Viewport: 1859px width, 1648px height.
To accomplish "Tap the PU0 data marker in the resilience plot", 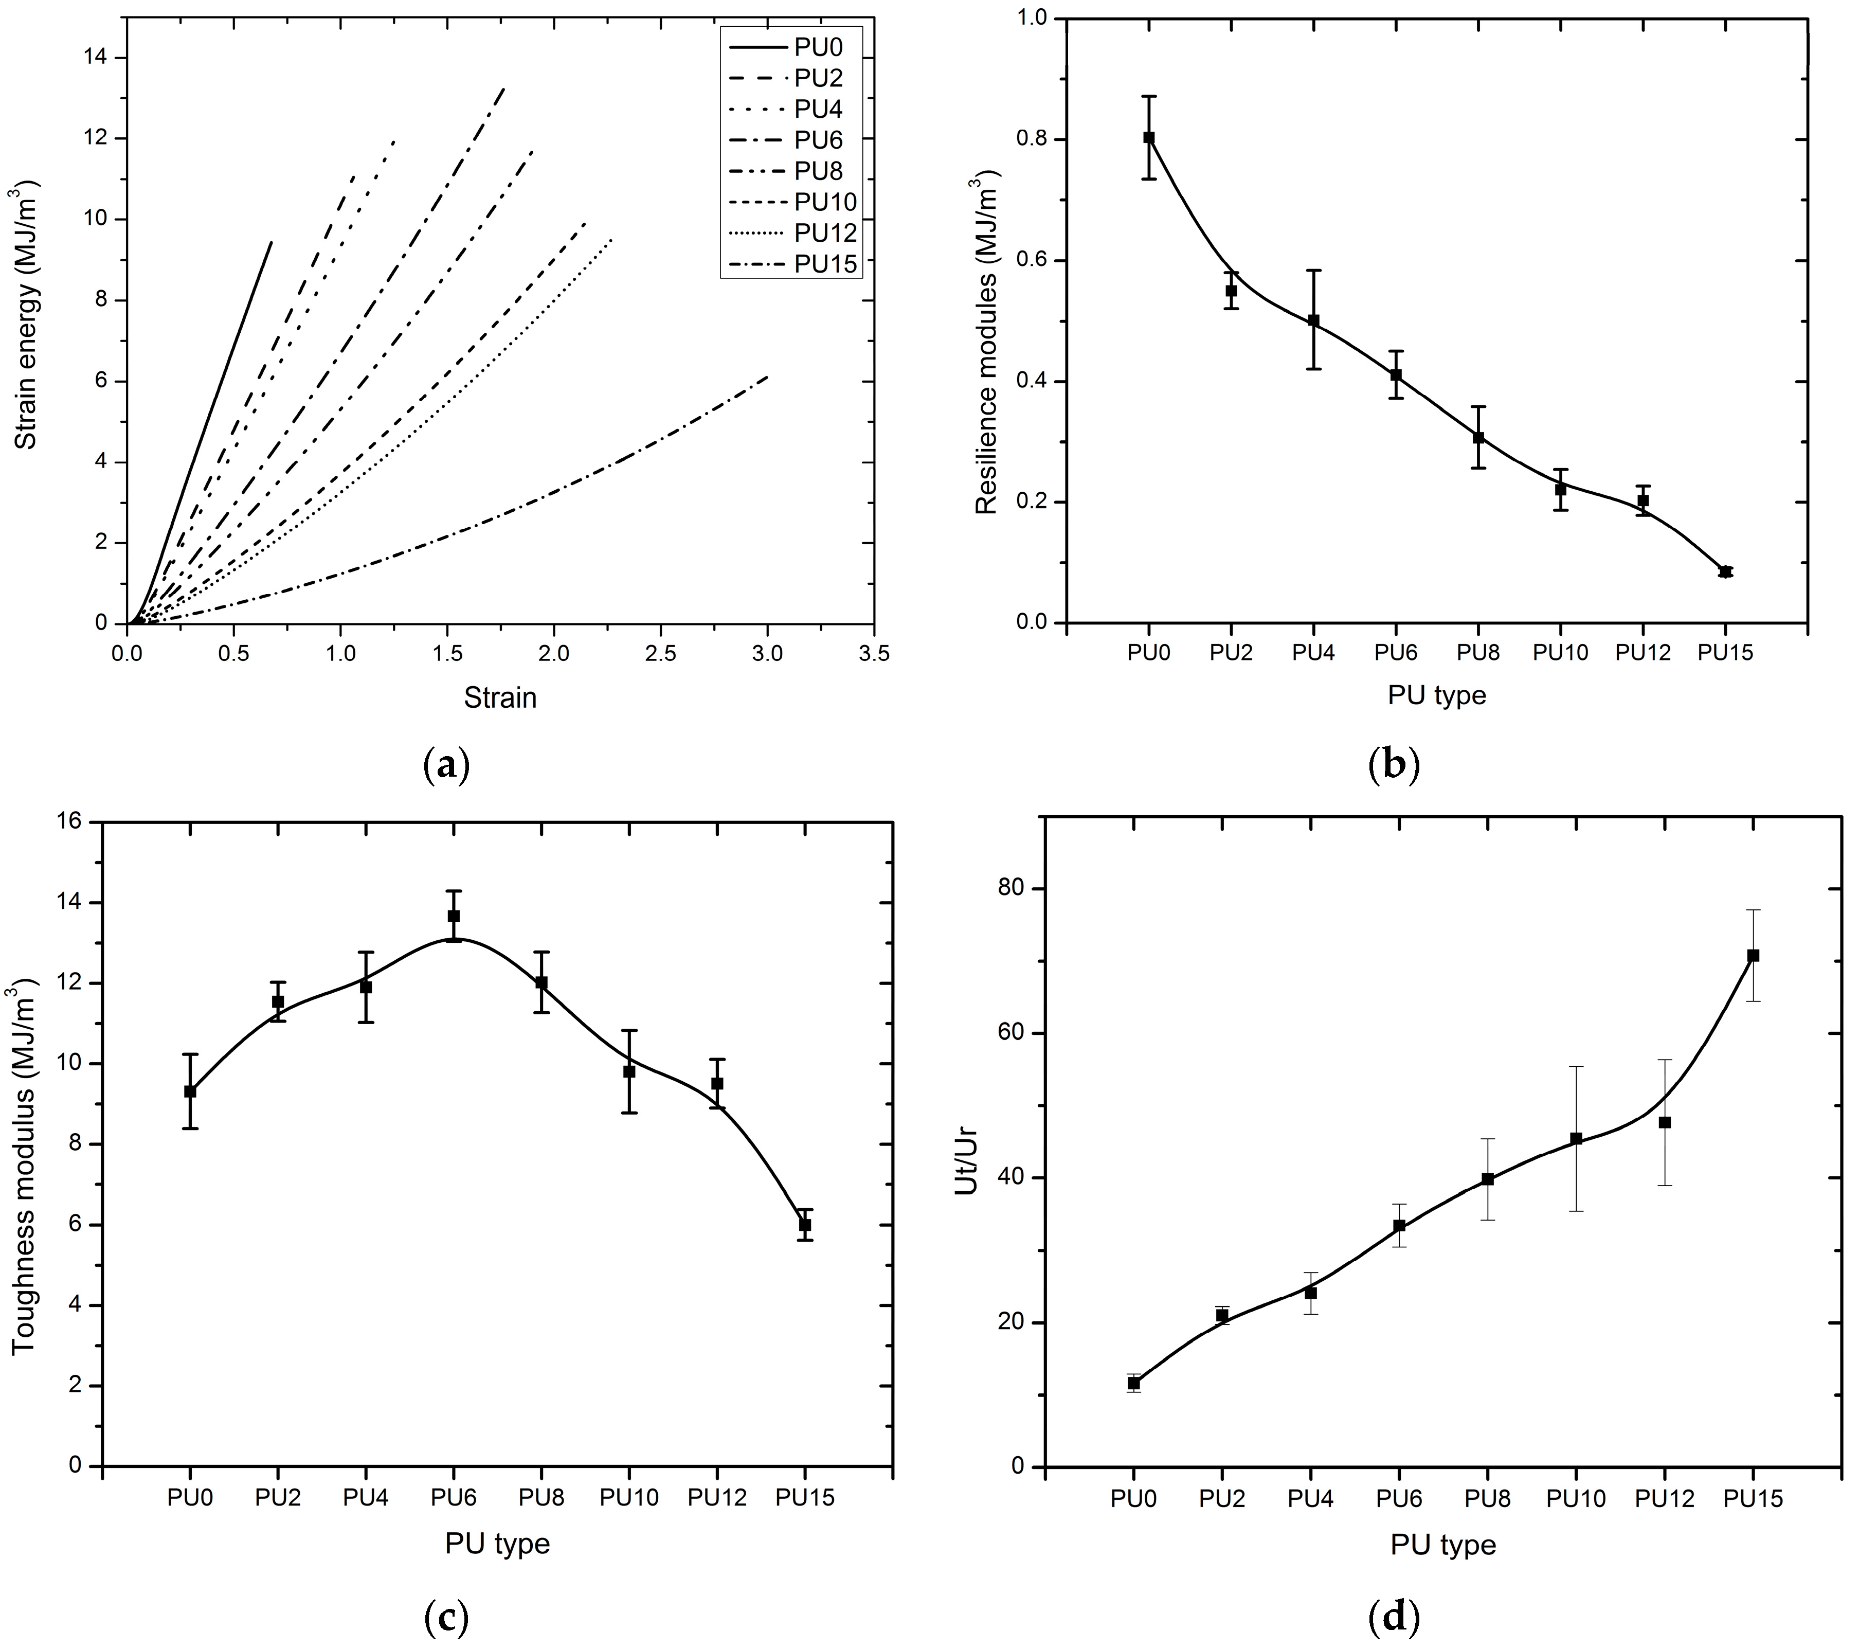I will click(1149, 137).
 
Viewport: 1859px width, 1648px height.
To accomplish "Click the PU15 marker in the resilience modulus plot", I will click(1725, 571).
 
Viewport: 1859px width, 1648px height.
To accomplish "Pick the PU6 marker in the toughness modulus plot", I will click(453, 916).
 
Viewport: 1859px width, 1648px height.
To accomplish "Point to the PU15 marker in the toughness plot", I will click(805, 1225).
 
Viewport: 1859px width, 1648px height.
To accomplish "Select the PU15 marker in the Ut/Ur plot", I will click(1753, 955).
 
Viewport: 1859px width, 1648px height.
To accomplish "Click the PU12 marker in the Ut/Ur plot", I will click(1665, 1122).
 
